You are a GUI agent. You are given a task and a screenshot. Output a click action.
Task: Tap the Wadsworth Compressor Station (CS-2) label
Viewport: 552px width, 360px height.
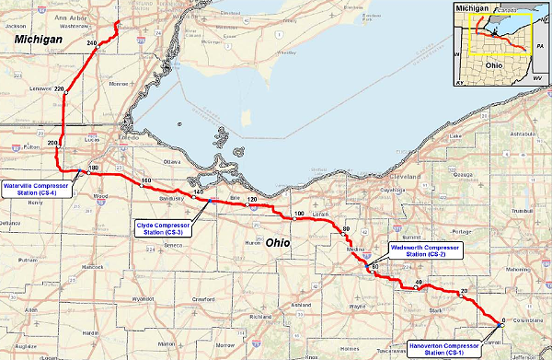[x=424, y=251]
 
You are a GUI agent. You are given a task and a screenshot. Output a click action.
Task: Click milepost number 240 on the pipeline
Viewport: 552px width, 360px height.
[x=91, y=43]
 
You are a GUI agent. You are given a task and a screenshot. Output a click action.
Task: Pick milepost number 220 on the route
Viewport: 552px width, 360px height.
[x=60, y=88]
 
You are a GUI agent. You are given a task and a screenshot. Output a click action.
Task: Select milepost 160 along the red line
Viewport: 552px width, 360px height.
[x=144, y=180]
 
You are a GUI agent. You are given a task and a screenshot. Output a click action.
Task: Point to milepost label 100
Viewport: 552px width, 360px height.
[x=297, y=215]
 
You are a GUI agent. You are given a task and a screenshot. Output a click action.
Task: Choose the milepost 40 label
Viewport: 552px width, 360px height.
[x=418, y=282]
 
